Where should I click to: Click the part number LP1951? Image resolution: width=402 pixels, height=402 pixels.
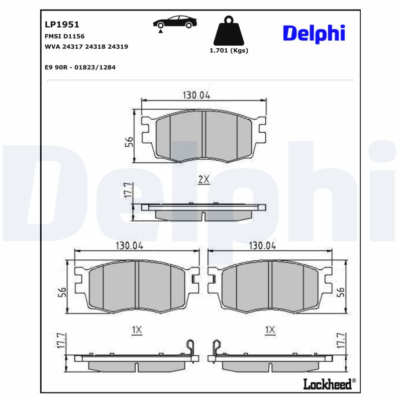[x=55, y=24]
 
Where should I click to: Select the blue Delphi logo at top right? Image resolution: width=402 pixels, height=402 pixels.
[x=314, y=33]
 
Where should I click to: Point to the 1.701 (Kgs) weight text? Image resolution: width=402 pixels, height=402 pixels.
[x=229, y=50]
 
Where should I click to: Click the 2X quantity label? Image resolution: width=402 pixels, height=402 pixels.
[x=204, y=179]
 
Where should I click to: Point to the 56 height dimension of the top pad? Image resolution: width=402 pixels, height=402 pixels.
[x=129, y=142]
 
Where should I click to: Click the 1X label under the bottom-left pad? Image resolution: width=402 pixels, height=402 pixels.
[x=136, y=330]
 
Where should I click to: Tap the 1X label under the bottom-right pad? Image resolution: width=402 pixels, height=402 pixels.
[x=270, y=330]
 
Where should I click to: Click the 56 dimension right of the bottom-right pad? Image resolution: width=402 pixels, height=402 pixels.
[x=341, y=292]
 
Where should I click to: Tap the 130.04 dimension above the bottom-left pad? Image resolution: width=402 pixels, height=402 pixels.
[x=130, y=246]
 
